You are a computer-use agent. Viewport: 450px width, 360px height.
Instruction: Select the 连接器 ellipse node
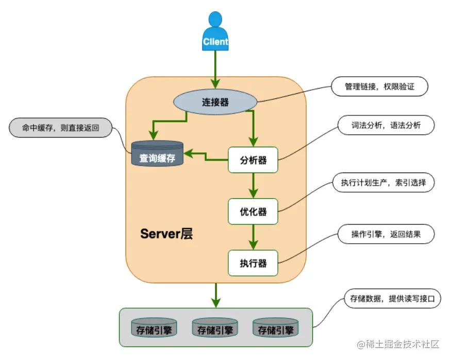click(x=215, y=102)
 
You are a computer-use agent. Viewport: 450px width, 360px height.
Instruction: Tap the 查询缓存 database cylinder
click(x=157, y=154)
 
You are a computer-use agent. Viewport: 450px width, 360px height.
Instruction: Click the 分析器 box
click(x=253, y=160)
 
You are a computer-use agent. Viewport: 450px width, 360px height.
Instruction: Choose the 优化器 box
click(x=253, y=211)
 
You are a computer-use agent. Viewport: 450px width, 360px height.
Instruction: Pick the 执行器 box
click(x=253, y=263)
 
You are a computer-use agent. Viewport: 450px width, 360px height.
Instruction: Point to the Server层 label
click(x=166, y=233)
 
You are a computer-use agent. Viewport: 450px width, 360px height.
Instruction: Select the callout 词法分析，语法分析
click(x=386, y=125)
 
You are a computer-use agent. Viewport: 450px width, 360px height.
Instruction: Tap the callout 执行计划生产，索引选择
click(x=384, y=183)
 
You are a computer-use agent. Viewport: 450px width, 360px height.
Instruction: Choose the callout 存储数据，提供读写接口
click(x=392, y=299)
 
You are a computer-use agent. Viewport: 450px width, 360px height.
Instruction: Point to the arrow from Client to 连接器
click(x=215, y=70)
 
